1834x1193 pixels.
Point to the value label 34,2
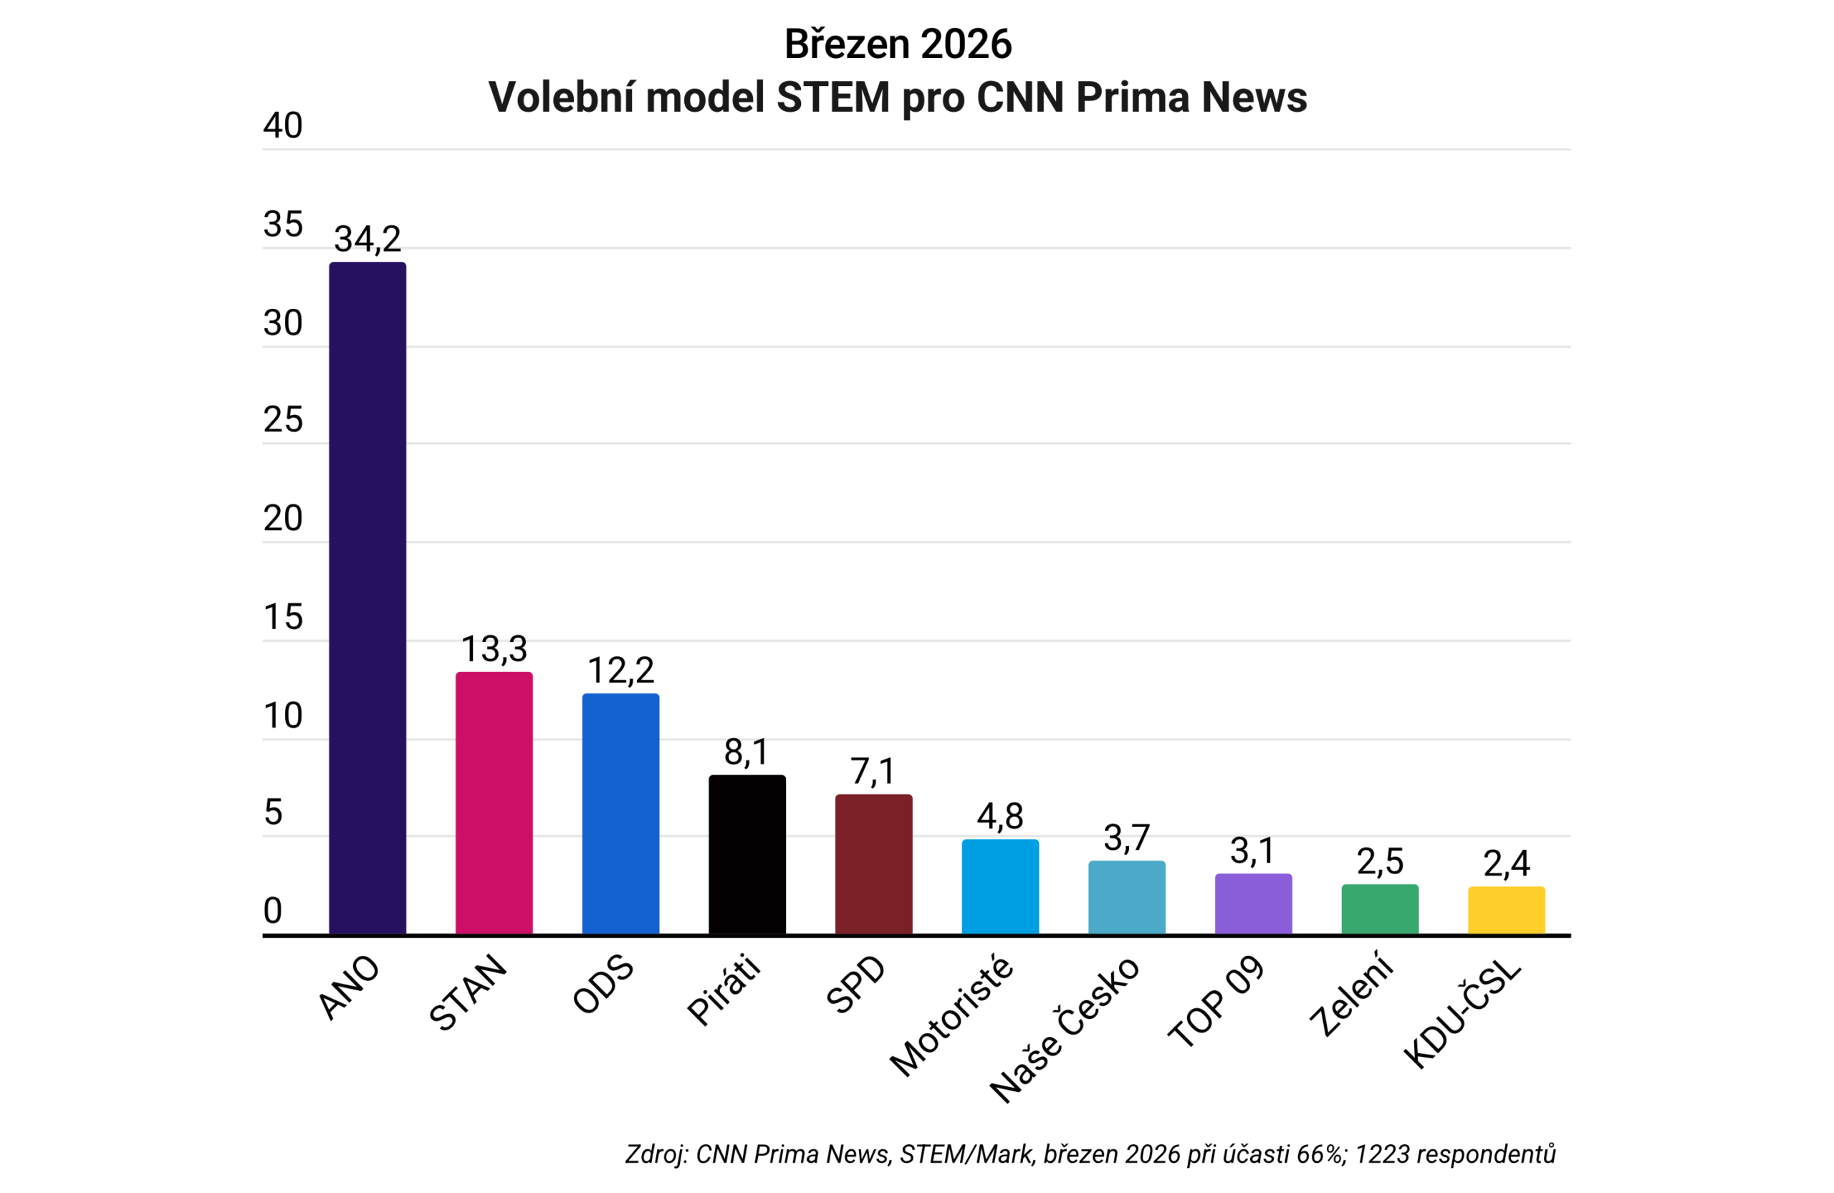[368, 239]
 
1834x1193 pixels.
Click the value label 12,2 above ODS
[620, 671]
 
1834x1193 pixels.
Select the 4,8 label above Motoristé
[1000, 816]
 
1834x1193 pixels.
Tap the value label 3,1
[1252, 851]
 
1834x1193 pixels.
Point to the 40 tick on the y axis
[282, 125]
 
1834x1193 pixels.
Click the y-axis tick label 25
[282, 420]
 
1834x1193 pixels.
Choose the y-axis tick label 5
[273, 813]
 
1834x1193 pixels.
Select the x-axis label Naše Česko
[1064, 1030]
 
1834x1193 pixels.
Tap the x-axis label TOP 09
[1216, 1002]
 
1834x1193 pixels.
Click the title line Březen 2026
[898, 44]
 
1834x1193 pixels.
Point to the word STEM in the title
[832, 98]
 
